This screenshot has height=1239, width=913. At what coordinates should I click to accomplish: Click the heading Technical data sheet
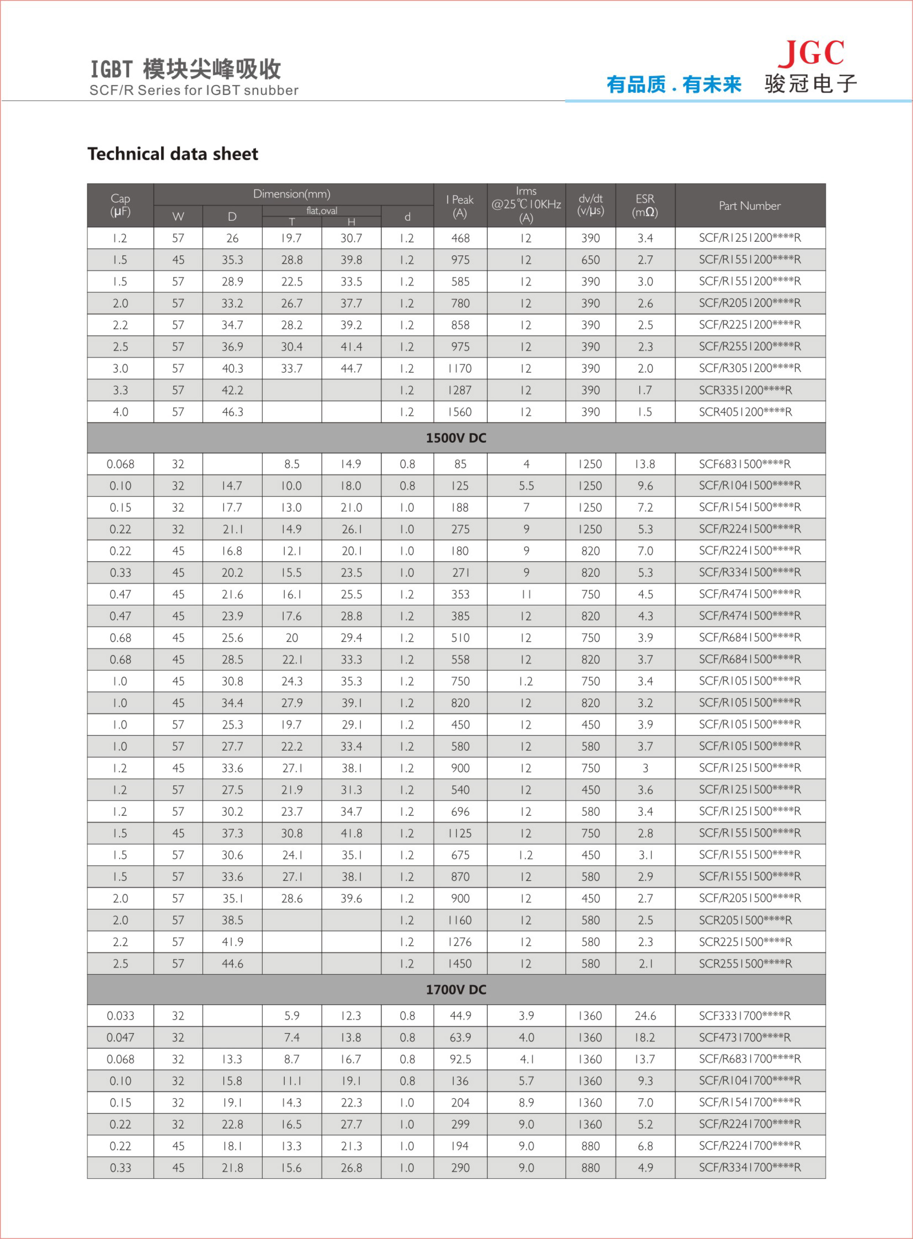(173, 154)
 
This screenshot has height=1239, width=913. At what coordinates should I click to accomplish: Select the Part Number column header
(749, 206)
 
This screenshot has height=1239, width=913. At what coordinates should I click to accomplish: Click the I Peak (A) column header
(460, 206)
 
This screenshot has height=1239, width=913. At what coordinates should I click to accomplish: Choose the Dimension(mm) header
(292, 194)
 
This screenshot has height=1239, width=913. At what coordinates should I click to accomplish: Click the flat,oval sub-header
(321, 210)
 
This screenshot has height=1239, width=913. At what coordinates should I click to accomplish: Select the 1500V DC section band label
(456, 438)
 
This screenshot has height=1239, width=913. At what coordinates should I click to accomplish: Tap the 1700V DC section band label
(456, 989)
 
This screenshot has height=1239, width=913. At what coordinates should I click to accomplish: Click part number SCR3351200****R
(745, 390)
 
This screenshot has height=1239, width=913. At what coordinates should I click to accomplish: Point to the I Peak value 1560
(460, 412)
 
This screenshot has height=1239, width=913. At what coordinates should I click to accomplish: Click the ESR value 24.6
(645, 1016)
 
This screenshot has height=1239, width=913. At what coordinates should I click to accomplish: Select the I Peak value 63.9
(460, 1037)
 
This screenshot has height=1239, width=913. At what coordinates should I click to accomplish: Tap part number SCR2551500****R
(745, 964)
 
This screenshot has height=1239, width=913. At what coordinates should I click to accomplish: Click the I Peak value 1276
(460, 942)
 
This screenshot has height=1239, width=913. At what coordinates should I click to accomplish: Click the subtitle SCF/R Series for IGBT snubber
(194, 90)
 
